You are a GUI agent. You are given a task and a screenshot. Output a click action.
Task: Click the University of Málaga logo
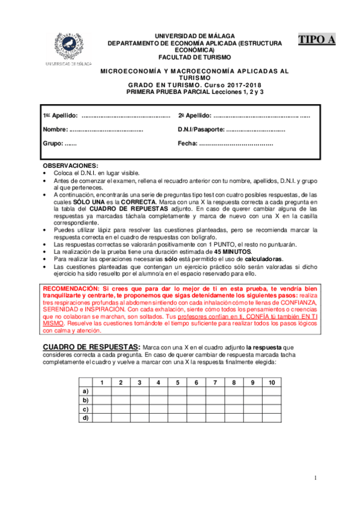[66, 48]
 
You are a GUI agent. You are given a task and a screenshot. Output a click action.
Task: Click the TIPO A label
[317, 40]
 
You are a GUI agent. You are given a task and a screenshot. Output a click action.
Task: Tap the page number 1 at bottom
[314, 478]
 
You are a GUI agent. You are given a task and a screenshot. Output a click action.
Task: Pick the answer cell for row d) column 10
[272, 417]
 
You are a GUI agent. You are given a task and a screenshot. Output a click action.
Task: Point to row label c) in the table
[86, 408]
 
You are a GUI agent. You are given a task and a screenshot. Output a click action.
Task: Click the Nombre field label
[56, 129]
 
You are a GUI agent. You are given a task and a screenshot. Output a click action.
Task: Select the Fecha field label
[188, 144]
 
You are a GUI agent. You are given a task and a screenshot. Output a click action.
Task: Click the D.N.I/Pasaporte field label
[201, 129]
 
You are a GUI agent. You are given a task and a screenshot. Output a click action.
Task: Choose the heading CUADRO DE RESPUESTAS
[90, 347]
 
